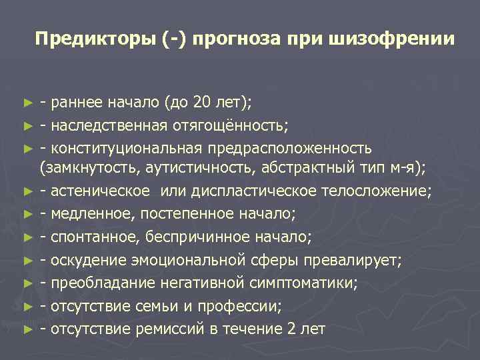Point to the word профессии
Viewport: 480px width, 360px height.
pos(246,306)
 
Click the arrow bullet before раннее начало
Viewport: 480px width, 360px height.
pos(27,103)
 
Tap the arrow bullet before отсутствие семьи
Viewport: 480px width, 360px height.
pos(27,307)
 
